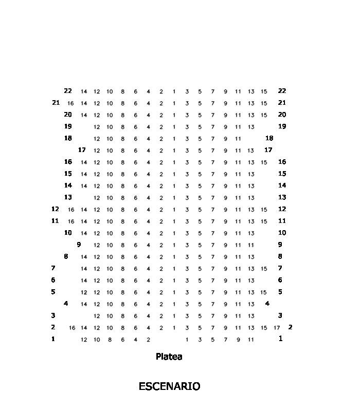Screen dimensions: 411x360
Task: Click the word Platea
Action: (169, 357)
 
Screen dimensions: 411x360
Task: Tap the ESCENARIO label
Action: (169, 387)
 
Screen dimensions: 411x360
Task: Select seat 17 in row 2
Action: (277, 328)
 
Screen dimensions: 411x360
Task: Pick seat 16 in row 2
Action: (72, 328)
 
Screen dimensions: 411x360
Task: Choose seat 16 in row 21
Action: (70, 103)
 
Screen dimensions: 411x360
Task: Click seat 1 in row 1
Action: (187, 340)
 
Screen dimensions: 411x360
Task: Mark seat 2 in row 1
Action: (148, 340)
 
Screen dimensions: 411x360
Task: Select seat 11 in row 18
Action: (238, 139)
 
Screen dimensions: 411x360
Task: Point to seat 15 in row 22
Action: (264, 91)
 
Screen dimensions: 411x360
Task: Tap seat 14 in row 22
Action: (84, 91)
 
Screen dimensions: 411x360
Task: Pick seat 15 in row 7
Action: (264, 269)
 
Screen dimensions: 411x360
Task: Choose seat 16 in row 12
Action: (71, 210)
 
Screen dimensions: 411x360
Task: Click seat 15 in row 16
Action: (264, 162)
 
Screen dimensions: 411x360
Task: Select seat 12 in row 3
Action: (97, 316)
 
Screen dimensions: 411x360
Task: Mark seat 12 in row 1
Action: (84, 340)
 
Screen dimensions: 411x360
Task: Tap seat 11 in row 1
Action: (251, 340)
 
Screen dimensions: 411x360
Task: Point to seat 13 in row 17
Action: (251, 151)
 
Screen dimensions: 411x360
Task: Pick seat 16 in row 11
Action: (71, 221)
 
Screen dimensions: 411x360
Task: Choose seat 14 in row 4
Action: (84, 304)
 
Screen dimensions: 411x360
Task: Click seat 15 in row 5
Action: (264, 292)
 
